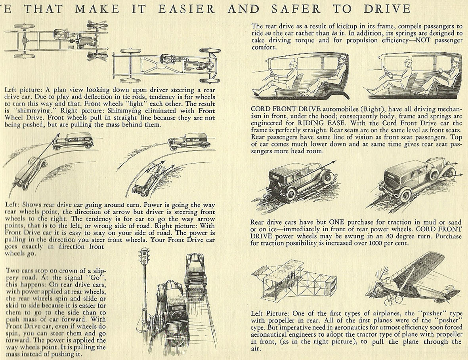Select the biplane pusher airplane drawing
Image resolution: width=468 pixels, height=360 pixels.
[294, 280]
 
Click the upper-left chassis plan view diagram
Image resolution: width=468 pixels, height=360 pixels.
[59, 40]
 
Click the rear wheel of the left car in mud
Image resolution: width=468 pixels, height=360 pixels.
[291, 194]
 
